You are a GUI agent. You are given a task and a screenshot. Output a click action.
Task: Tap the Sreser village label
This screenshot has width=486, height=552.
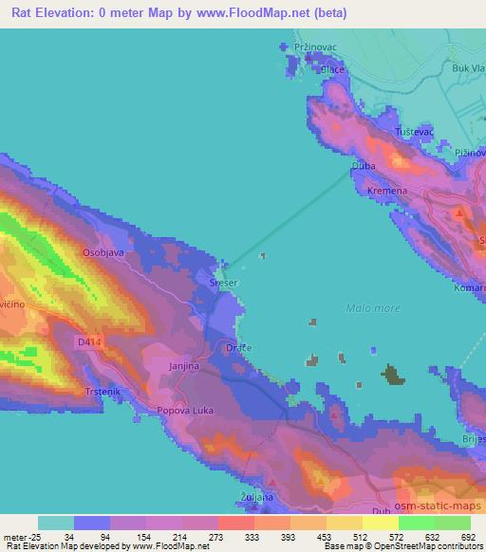(x=224, y=282)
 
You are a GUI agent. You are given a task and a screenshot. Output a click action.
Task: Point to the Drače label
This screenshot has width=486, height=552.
(x=238, y=349)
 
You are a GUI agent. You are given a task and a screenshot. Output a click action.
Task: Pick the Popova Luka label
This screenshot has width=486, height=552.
(x=186, y=413)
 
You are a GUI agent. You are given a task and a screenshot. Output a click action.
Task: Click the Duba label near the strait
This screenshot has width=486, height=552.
(x=364, y=166)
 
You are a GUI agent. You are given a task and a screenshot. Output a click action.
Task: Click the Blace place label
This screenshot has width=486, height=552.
(x=332, y=69)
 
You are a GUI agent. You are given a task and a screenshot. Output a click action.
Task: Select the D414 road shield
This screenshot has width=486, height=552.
(x=88, y=340)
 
